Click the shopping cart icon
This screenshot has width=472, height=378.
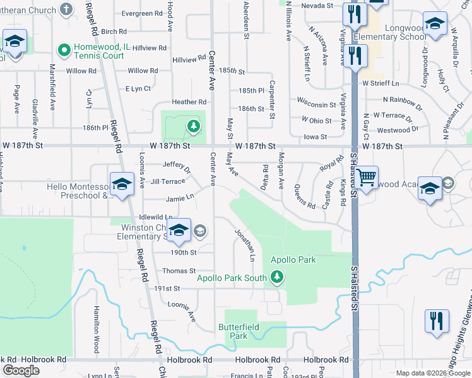click(366, 177)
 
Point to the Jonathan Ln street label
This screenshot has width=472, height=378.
click(245, 245)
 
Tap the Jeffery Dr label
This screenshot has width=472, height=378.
click(176, 167)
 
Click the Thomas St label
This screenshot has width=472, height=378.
click(179, 271)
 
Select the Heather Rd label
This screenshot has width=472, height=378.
click(189, 102)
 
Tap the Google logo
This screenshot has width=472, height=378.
click(21, 370)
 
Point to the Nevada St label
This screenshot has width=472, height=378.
click(317, 6)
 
